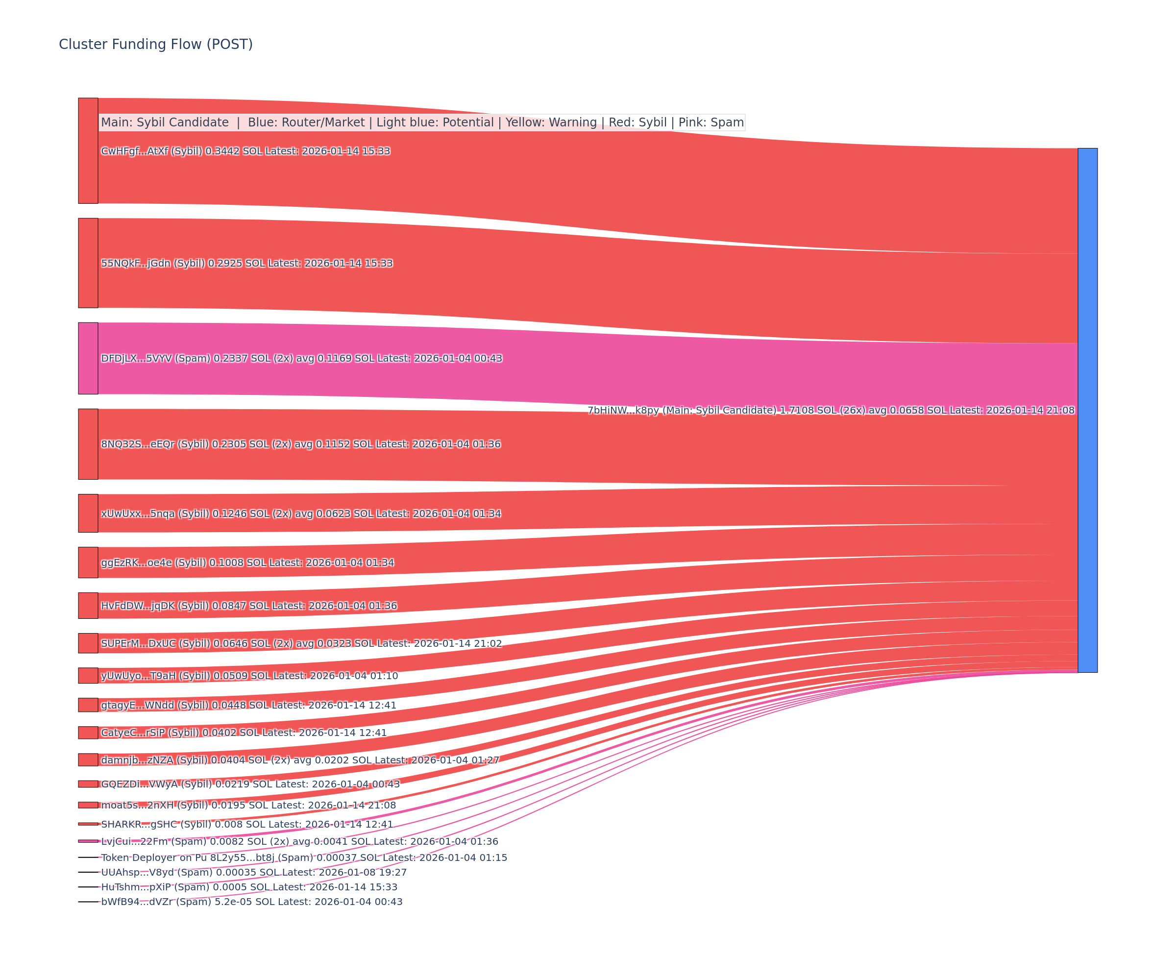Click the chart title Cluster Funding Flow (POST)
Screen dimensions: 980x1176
coord(156,44)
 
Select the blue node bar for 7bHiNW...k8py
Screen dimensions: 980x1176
coord(1087,410)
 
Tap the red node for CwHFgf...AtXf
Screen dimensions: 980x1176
coord(88,150)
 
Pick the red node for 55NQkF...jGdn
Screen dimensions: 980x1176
coord(88,263)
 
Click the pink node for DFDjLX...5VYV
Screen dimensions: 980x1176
coord(88,358)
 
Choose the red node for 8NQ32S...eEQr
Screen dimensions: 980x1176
coord(88,444)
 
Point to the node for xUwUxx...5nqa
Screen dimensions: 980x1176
coord(88,513)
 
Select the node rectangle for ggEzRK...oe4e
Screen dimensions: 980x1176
coord(88,562)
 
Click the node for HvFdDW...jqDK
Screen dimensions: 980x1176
coord(88,605)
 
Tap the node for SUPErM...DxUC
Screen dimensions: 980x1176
coord(88,643)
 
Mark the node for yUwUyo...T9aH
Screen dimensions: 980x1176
coord(88,675)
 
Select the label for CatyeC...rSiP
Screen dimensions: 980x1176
coord(244,733)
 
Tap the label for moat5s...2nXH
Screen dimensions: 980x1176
coord(248,805)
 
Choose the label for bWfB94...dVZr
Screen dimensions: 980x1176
coord(251,902)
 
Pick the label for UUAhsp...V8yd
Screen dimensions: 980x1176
coord(254,872)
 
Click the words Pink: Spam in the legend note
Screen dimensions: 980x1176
coord(710,122)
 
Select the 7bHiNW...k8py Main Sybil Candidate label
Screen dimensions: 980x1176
coord(831,411)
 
